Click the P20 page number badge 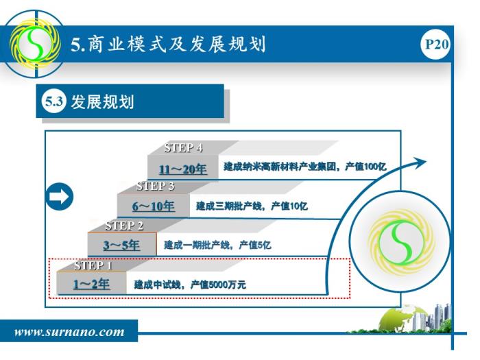435,45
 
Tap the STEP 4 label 183,148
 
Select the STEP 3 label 156,186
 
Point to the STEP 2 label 124,226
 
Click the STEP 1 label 93,265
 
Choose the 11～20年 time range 183,169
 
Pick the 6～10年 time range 154,206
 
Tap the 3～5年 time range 121,245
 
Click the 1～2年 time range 91,284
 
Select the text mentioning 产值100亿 304,167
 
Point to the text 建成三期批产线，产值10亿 252,206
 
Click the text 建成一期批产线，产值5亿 217,245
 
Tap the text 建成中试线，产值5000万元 190,285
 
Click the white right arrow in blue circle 60,197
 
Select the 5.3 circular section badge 54,101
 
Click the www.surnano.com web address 69,332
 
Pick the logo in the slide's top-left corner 34,44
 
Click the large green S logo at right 401,242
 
